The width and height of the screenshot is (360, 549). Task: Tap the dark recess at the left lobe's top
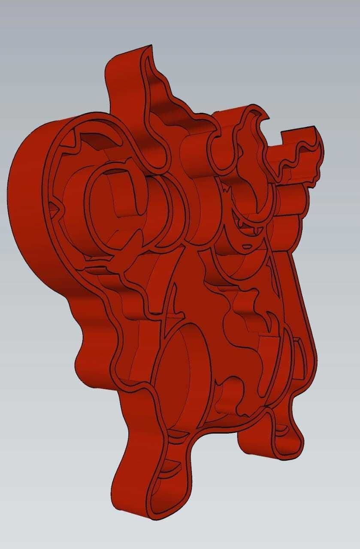point(92,142)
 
